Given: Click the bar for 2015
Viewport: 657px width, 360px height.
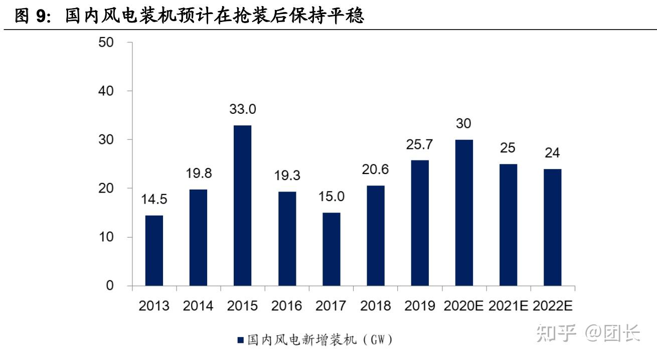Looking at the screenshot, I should point(242,206).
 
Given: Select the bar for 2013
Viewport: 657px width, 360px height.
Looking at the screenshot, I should point(154,251).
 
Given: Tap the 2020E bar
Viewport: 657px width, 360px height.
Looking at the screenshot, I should point(464,213).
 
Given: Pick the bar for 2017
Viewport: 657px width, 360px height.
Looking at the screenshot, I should point(331,249).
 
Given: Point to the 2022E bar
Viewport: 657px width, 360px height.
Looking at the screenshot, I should point(552,227).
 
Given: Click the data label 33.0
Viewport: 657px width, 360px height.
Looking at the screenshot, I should point(243,109).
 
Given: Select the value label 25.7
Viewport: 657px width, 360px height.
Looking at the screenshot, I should point(419,144).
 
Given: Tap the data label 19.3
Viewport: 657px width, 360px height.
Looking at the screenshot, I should point(287,175).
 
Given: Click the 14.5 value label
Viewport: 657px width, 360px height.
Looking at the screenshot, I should point(154,199).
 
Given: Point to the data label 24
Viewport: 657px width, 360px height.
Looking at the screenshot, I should point(552,153).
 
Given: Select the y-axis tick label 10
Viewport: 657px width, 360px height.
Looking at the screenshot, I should point(106,237).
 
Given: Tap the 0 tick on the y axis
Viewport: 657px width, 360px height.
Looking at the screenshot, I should point(110,286).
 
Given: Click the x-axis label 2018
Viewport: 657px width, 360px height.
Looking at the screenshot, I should point(375,306).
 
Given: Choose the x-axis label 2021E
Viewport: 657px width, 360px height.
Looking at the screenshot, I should point(508,306).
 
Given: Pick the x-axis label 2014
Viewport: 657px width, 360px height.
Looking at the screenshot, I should point(198,306).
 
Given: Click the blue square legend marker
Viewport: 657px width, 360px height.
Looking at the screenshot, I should point(240,340).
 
